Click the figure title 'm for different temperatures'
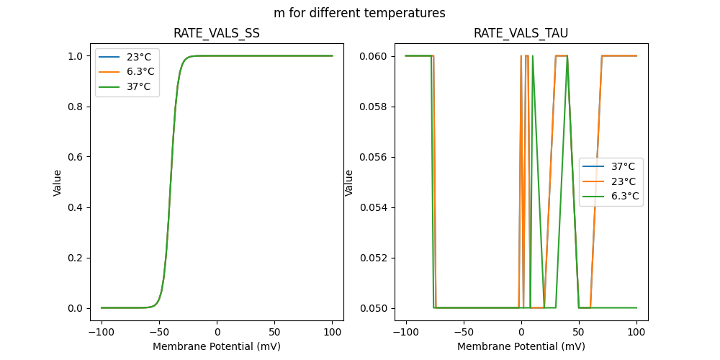pyautogui.click(x=359, y=13)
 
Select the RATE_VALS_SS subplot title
pyautogui.click(x=217, y=34)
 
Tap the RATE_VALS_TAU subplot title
pyautogui.click(x=521, y=34)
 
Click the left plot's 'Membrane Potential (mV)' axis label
pyautogui.click(x=217, y=346)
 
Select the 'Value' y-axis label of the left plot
pyautogui.click(x=58, y=182)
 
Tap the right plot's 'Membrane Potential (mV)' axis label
pyautogui.click(x=521, y=346)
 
